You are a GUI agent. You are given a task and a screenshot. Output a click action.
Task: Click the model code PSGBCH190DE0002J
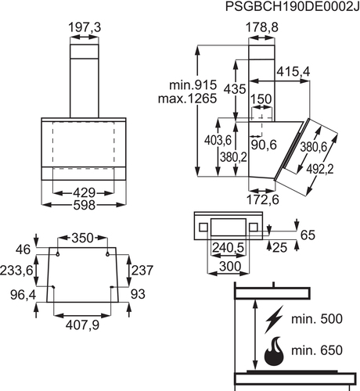pos(292,6)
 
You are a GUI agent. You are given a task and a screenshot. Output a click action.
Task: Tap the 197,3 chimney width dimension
pos(85,27)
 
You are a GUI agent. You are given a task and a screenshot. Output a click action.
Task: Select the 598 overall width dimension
pos(84,205)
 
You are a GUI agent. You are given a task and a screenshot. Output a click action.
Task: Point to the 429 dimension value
pos(84,193)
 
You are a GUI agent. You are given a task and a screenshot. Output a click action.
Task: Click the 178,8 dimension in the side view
pos(262,27)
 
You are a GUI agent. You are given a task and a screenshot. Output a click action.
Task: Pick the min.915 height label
pos(193,85)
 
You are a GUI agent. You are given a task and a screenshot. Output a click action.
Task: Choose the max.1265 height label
pos(188,99)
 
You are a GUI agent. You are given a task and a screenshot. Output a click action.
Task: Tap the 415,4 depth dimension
pos(293,71)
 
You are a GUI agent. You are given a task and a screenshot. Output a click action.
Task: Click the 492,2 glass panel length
pos(320,170)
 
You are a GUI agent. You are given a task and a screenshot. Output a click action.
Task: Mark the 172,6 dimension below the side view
pos(263,199)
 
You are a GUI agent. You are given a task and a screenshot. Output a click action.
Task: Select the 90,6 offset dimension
pos(264,145)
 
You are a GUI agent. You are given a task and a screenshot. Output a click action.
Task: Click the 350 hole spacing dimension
pos(82,238)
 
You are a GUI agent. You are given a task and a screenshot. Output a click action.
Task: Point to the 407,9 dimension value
pos(82,325)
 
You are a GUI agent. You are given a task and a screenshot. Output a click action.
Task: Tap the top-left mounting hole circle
pos(57,254)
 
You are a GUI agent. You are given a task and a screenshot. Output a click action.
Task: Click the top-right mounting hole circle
pos(107,254)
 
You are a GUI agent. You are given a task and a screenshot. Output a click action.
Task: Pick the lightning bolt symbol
pos(274,319)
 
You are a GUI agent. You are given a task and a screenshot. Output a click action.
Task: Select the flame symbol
pos(274,351)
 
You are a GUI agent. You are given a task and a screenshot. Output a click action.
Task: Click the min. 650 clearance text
pos(317,350)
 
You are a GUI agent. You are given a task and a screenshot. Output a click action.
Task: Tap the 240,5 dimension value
pos(228,247)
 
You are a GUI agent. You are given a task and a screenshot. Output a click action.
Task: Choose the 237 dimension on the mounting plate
pos(142,271)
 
